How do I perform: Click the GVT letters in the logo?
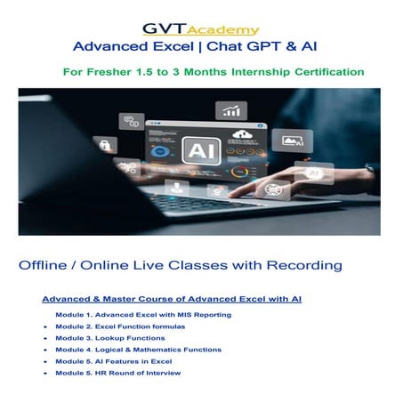coord(164,28)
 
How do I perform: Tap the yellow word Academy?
coord(223,30)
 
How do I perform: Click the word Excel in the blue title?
coord(173,46)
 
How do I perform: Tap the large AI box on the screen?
coord(202,150)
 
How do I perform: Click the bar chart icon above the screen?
coord(231,110)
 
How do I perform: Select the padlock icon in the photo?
coord(105,145)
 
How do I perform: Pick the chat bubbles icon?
coord(132,121)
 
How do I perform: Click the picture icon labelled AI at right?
coord(293,141)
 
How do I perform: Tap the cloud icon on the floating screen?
coord(242,134)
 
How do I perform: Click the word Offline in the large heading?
coord(43,265)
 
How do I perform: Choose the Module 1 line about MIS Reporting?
coord(143,315)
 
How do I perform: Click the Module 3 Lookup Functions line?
coord(110,338)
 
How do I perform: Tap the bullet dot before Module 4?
coord(45,350)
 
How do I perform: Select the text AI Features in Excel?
coord(133,361)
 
